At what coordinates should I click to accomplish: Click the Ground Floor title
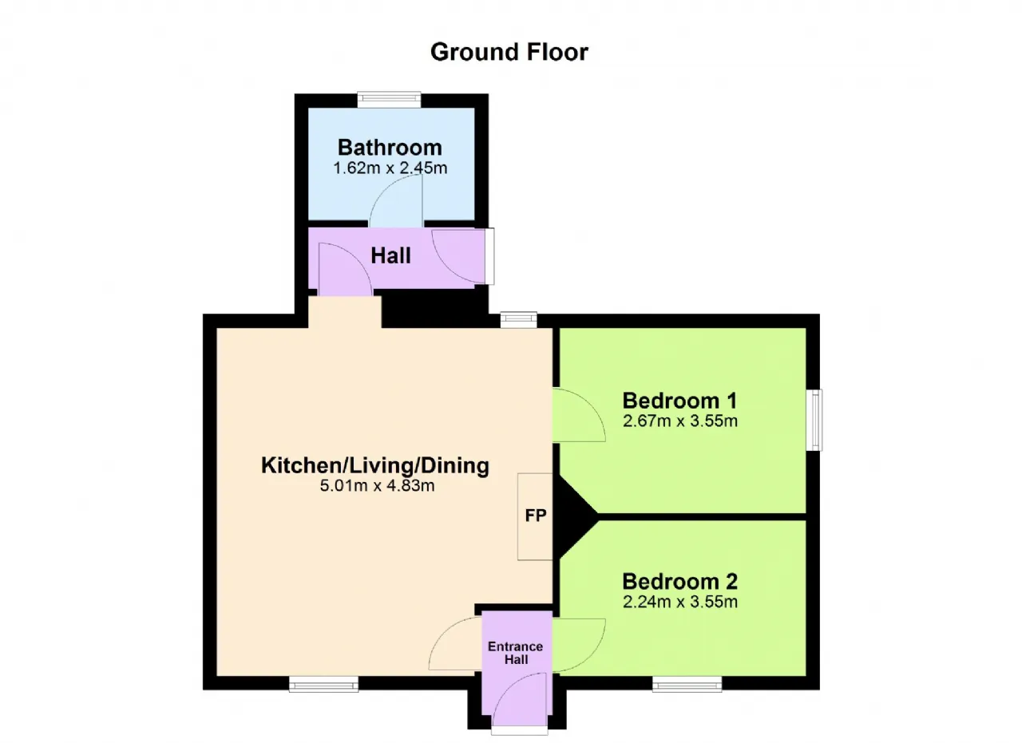point(509,53)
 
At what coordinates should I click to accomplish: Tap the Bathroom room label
point(390,148)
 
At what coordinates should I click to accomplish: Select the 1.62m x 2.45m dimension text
point(390,168)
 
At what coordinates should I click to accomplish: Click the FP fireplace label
point(536,516)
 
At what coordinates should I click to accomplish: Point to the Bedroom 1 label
point(679,401)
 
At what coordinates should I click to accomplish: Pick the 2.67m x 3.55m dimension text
point(679,421)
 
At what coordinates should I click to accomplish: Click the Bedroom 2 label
point(679,582)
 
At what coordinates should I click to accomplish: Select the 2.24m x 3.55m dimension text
point(679,602)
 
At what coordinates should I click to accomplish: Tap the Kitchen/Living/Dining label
point(375,466)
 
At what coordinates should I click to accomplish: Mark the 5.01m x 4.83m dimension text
point(377,486)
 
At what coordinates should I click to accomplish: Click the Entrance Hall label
point(516,653)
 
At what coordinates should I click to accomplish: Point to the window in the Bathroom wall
point(389,100)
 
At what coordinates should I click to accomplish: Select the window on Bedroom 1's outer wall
point(814,420)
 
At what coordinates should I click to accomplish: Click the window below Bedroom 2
point(687,684)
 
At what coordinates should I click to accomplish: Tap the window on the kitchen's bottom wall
point(324,684)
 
